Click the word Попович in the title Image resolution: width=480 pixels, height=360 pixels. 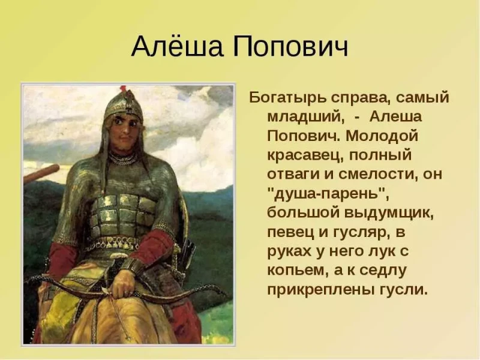290,47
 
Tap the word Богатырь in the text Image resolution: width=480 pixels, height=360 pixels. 287,98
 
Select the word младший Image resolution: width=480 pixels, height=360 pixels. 305,117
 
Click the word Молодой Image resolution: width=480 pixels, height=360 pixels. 382,136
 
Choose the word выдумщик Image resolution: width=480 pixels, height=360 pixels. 389,213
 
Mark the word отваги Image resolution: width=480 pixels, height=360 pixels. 293,175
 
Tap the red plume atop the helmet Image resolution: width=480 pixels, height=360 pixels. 123,88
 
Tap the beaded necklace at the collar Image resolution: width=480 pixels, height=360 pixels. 123,158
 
